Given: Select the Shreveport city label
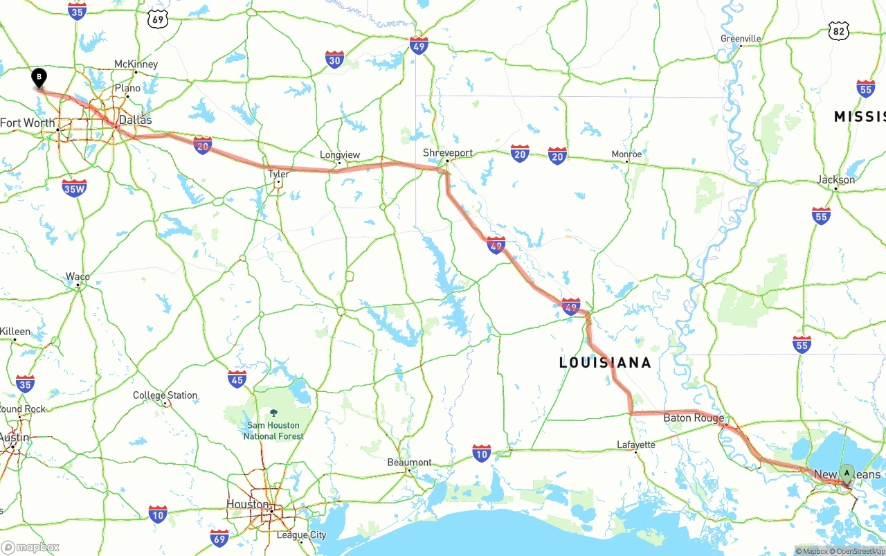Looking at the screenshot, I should pyautogui.click(x=448, y=153).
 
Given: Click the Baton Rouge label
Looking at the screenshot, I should pyautogui.click(x=694, y=418).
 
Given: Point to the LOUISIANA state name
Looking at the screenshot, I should pyautogui.click(x=605, y=363).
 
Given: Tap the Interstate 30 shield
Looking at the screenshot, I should pyautogui.click(x=335, y=60).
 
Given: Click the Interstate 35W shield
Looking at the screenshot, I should pyautogui.click(x=74, y=188).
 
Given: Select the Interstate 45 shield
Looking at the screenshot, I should pyautogui.click(x=237, y=379).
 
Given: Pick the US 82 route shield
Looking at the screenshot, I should pyautogui.click(x=839, y=30).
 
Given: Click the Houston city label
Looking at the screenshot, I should pyautogui.click(x=248, y=504).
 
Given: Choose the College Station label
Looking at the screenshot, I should pyautogui.click(x=165, y=395).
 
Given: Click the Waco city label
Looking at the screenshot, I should pyautogui.click(x=78, y=277).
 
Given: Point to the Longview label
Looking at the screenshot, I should pyautogui.click(x=340, y=155).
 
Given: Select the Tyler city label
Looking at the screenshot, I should pyautogui.click(x=278, y=174).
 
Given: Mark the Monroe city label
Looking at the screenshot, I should pyautogui.click(x=626, y=154).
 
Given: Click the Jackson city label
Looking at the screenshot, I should pyautogui.click(x=835, y=179).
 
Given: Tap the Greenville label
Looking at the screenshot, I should pyautogui.click(x=741, y=39).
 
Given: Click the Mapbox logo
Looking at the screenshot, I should pyautogui.click(x=30, y=547).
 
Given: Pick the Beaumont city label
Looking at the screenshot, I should pyautogui.click(x=409, y=463).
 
